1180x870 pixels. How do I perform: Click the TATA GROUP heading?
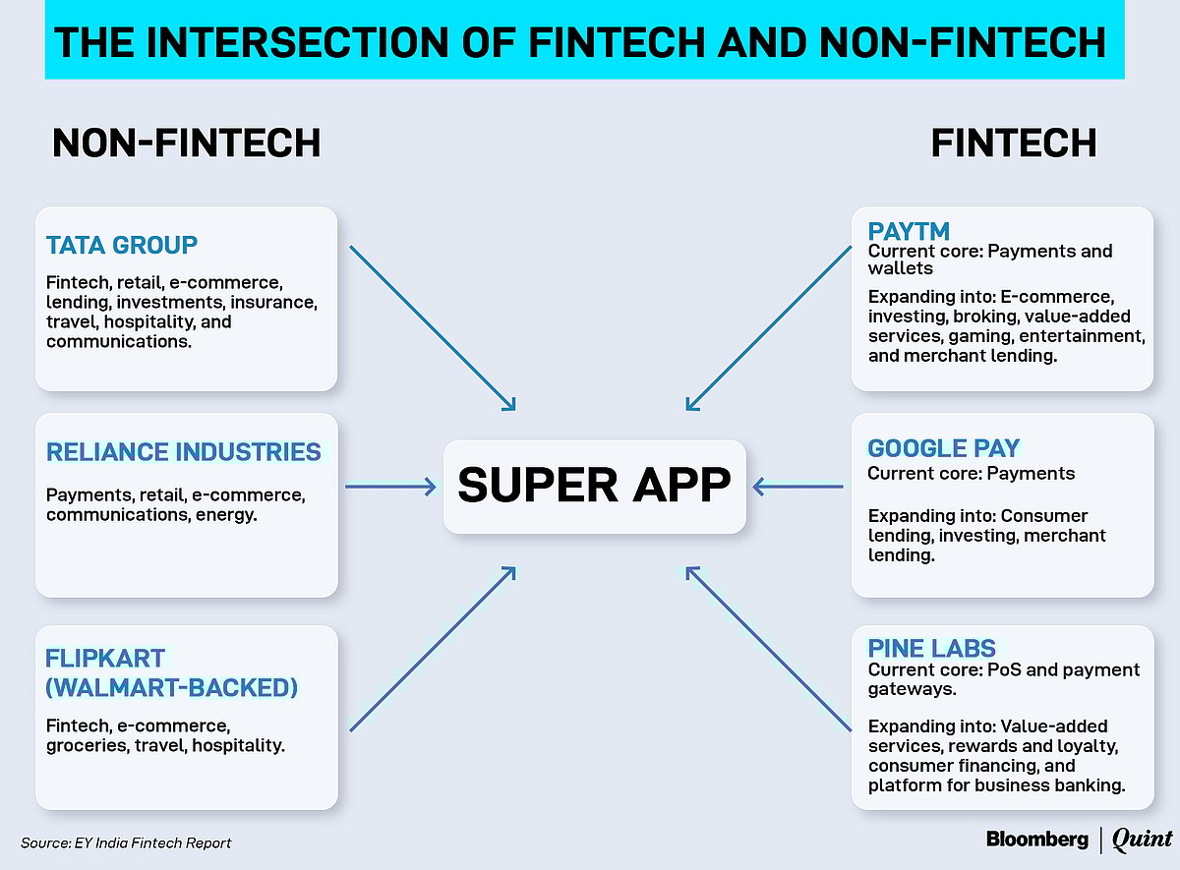click(x=122, y=245)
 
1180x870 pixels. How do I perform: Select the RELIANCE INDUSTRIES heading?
click(x=184, y=452)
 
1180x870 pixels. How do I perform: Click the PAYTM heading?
click(x=909, y=232)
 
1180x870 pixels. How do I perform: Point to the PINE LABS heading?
click(x=931, y=649)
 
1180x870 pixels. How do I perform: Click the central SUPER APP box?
click(x=594, y=486)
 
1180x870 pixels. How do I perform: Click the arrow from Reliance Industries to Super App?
click(x=390, y=487)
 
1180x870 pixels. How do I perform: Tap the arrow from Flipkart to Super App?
click(x=433, y=649)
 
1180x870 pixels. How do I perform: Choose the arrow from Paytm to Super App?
click(x=769, y=327)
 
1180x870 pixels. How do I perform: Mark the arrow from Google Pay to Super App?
click(x=798, y=486)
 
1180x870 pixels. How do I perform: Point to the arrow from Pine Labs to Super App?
click(x=769, y=649)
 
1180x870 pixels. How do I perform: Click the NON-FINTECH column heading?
click(x=186, y=144)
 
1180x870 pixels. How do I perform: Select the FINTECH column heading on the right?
click(x=1014, y=144)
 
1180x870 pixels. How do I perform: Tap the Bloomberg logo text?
click(x=1037, y=839)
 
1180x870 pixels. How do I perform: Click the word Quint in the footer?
click(x=1142, y=839)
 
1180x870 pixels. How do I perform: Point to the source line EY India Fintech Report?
click(x=126, y=842)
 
